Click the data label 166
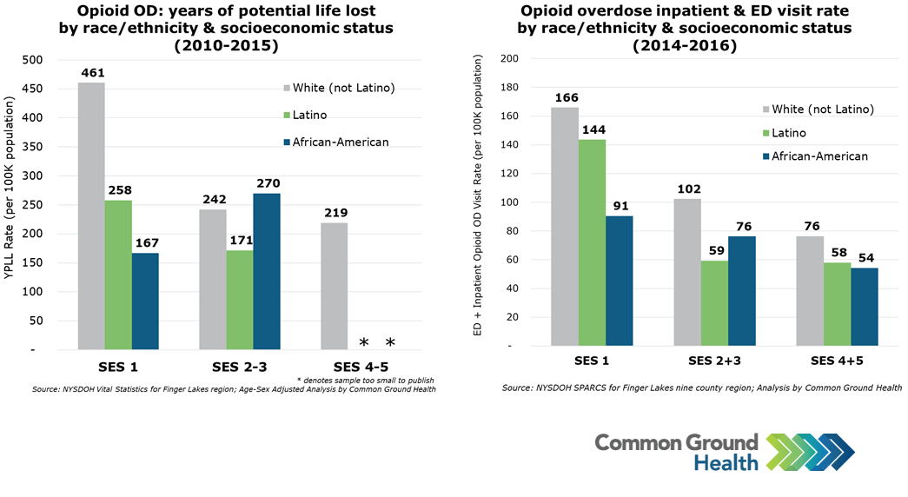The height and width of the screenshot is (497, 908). (565, 98)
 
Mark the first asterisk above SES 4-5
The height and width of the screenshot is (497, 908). (363, 342)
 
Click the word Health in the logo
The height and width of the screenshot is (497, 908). (726, 463)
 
